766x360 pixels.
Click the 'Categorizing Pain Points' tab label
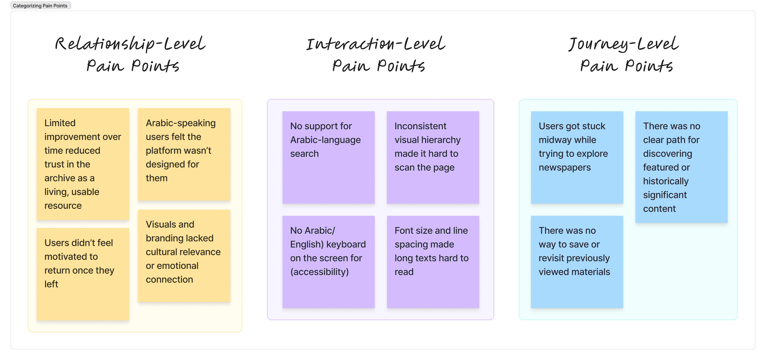[x=40, y=6]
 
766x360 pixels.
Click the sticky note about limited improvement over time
[x=83, y=164]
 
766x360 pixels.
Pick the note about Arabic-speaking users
[x=184, y=154]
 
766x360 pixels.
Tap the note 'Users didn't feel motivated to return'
[x=83, y=274]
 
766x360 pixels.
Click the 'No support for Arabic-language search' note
[x=329, y=157]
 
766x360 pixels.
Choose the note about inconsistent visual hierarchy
[x=433, y=157]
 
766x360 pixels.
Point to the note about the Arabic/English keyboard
[x=329, y=262]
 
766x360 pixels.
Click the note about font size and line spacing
[x=433, y=262]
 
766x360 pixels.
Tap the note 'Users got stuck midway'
[x=577, y=157]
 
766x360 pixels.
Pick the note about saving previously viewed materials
[x=577, y=262]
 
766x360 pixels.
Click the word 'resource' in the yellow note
[x=63, y=206]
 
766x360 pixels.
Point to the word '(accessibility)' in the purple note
[x=319, y=272]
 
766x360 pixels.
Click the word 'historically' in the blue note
[x=666, y=181]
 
